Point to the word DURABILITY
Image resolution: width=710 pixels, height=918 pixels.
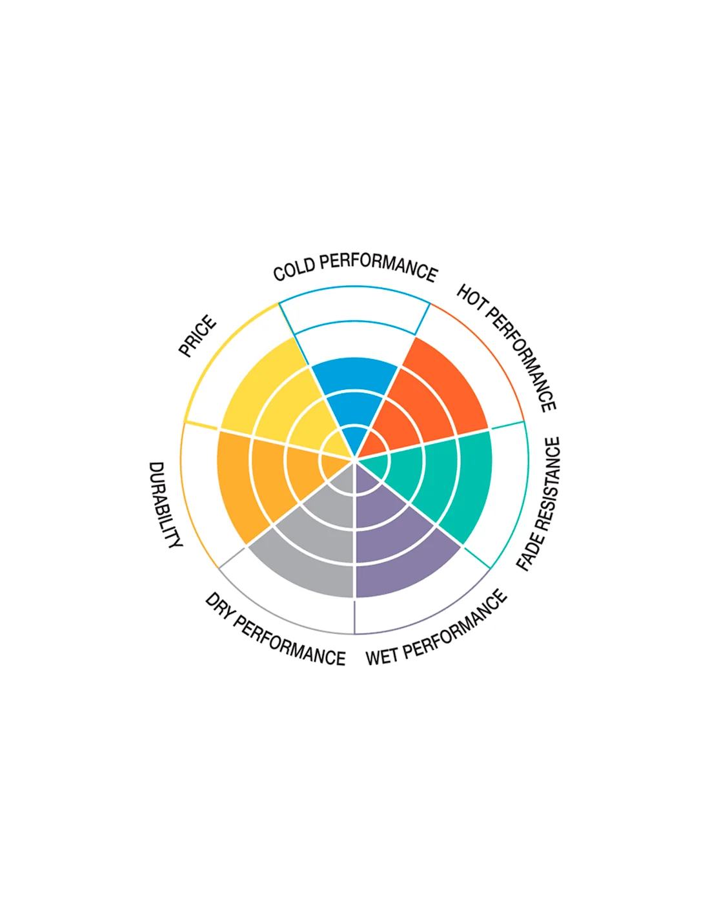(165, 504)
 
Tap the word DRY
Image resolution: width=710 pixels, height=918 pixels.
(219, 607)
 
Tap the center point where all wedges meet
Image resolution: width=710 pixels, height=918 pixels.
(355, 458)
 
